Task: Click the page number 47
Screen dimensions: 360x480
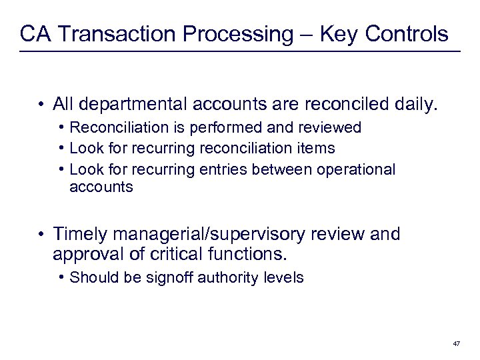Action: coord(456,343)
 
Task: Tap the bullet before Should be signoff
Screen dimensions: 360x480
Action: coord(61,277)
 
